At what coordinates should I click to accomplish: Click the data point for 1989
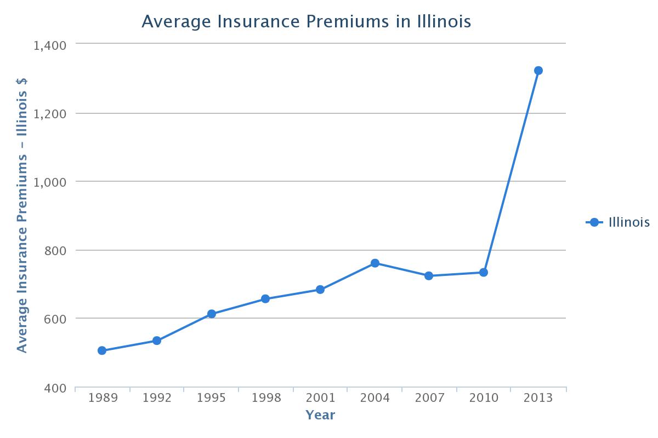(102, 350)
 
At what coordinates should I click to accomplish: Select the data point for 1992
(157, 341)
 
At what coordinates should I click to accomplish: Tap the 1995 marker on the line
(212, 314)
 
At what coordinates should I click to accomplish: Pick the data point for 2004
(375, 263)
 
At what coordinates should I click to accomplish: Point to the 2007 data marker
(429, 276)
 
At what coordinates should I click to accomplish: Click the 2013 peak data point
(538, 71)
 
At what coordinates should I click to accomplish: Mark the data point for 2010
(484, 272)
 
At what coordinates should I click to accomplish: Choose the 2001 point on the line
(320, 290)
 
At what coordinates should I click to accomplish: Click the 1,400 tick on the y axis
(50, 45)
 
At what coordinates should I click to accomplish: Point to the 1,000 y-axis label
(50, 182)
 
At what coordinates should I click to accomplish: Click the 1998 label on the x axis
(265, 398)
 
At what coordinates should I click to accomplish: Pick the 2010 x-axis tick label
(484, 398)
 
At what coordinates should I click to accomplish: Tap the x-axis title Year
(320, 415)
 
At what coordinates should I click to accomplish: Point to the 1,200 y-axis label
(50, 114)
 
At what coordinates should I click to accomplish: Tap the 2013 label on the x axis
(538, 398)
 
